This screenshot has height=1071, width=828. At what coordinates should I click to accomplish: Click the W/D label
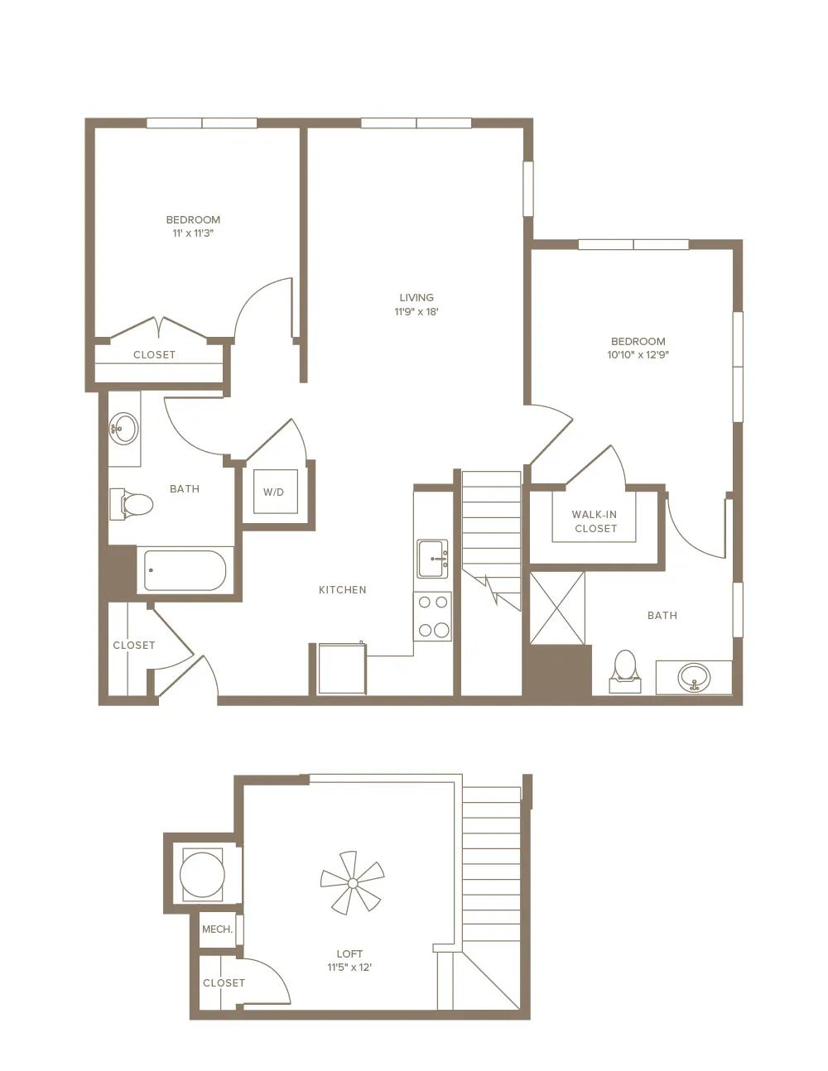273,492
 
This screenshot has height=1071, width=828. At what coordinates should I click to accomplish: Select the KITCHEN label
343,590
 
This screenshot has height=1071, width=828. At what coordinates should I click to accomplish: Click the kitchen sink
433,559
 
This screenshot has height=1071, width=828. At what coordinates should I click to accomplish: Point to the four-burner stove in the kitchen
432,617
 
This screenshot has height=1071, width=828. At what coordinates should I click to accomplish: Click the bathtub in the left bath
185,570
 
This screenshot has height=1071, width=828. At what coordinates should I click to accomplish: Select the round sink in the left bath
123,428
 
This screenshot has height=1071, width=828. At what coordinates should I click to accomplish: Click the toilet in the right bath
625,671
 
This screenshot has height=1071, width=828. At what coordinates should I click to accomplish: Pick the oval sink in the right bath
694,677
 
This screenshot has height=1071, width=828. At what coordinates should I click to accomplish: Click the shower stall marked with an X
557,608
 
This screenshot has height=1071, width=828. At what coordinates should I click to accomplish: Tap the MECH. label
217,929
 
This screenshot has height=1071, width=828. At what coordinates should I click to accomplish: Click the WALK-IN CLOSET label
595,521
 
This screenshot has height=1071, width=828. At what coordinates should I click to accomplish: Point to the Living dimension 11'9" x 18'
416,311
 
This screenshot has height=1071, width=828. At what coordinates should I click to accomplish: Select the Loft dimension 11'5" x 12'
349,967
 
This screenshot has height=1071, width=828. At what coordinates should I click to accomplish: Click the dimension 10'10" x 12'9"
638,354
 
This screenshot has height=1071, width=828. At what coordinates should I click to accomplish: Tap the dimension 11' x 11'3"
193,233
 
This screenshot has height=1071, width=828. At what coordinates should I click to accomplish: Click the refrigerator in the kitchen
341,668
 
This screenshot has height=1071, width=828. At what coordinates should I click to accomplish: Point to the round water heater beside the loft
203,876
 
